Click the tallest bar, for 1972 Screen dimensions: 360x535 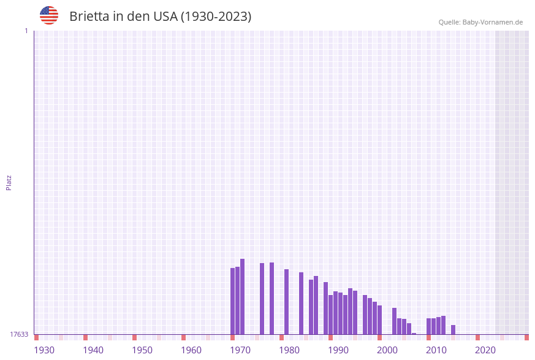click(x=242, y=297)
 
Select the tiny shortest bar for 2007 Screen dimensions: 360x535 click(x=414, y=334)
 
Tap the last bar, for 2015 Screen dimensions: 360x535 click(x=453, y=330)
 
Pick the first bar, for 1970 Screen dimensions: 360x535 click(x=232, y=301)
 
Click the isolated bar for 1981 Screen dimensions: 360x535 click(x=286, y=302)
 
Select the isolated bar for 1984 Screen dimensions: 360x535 click(x=301, y=304)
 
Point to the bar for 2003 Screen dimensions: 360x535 click(x=394, y=321)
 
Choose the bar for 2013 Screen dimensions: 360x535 click(x=443, y=325)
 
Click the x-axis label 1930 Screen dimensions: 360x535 click(x=44, y=350)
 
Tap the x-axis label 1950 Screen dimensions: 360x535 click(x=142, y=350)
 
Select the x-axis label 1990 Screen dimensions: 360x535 click(x=338, y=350)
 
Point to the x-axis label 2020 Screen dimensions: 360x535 click(x=485, y=350)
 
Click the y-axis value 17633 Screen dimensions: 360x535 click(x=19, y=334)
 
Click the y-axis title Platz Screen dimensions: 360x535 click(x=9, y=182)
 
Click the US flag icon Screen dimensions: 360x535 click(x=49, y=15)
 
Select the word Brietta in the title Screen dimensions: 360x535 click(x=89, y=17)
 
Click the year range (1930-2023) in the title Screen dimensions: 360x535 click(x=216, y=17)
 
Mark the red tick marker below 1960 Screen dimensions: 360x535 click(x=183, y=337)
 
